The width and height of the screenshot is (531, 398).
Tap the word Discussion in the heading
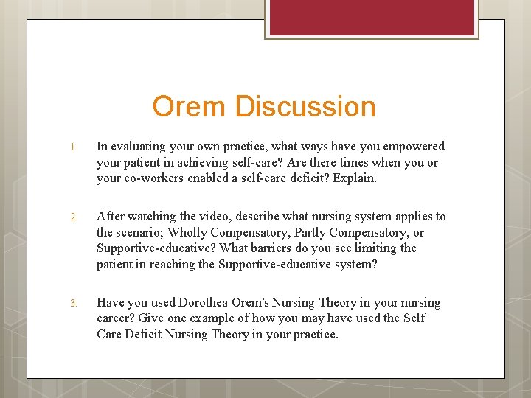tap(305, 107)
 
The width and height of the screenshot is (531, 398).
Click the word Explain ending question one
tap(356, 178)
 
